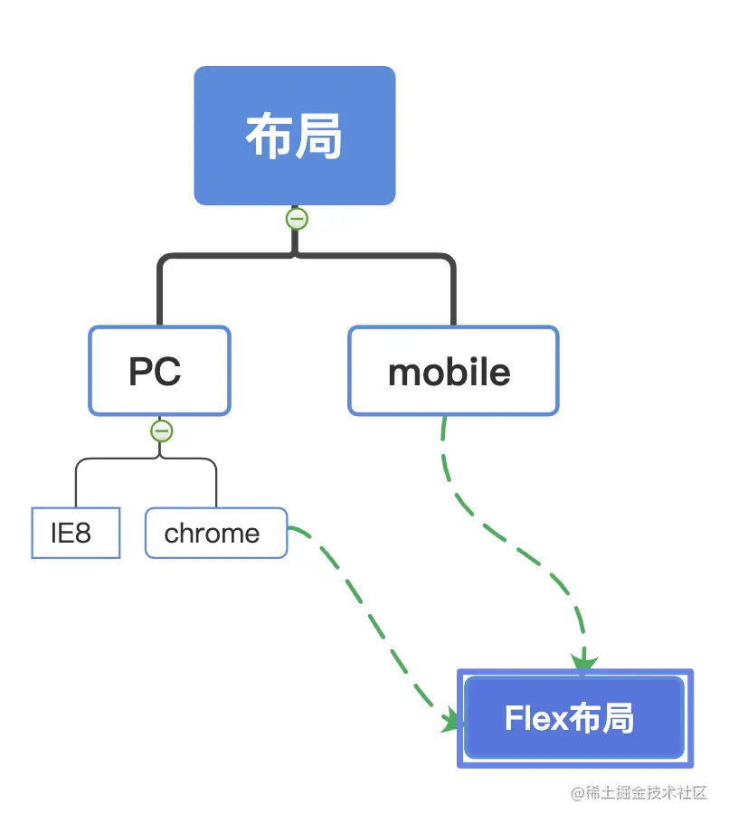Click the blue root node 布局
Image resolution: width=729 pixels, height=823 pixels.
pos(295,136)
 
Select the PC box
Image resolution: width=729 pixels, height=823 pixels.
pos(159,371)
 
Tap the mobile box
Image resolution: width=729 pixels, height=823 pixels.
pos(452,372)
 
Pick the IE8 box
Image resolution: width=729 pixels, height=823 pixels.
pos(75,534)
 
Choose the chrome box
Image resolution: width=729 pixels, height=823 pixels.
pos(215,534)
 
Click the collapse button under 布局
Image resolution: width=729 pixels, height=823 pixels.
pos(296,219)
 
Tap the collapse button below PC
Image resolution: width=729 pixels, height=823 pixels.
pos(161,431)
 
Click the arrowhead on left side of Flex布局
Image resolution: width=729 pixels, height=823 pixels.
pos(452,721)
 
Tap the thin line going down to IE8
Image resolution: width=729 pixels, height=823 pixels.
pos(76,484)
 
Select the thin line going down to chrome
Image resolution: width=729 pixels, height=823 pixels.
pos(216,484)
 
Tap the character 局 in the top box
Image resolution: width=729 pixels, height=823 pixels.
pos(320,138)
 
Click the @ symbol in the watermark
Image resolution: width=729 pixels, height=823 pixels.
pos(577,793)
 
